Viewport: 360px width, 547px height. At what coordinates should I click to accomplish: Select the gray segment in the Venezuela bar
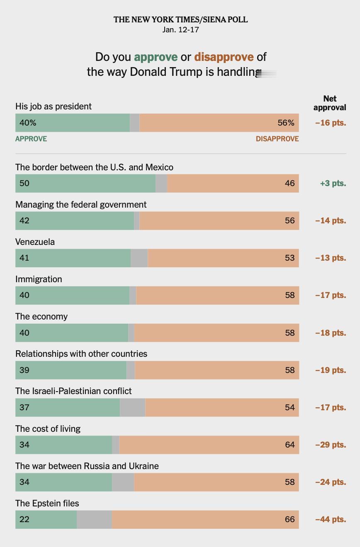tap(139, 258)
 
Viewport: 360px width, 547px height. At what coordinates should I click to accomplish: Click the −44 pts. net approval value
tap(331, 519)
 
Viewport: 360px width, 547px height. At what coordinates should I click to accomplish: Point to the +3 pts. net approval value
tap(333, 183)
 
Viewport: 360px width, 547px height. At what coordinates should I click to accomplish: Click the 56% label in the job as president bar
tap(286, 123)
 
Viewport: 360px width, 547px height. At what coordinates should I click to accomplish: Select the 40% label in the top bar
tap(27, 123)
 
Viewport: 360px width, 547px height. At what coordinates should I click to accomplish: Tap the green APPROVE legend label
tap(31, 139)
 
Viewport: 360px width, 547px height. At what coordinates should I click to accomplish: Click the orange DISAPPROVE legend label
tap(277, 139)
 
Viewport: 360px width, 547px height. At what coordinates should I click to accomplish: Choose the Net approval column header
tap(330, 103)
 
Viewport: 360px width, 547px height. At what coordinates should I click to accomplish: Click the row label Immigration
tap(39, 279)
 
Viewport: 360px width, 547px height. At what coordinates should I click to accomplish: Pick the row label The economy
tap(41, 317)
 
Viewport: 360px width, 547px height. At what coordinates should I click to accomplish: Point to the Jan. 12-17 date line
tap(180, 30)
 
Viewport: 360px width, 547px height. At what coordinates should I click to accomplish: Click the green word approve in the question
tap(156, 57)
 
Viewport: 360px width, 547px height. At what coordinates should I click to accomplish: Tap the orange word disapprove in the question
tap(224, 57)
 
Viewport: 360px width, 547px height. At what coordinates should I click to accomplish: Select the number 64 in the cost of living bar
tap(289, 445)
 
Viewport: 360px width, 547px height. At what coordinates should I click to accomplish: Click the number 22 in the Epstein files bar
tap(24, 519)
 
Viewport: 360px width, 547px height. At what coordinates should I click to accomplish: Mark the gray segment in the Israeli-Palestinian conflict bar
tap(132, 407)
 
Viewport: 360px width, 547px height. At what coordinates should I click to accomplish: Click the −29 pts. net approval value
tap(331, 445)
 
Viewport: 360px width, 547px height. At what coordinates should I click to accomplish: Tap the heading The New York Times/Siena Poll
tap(180, 19)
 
